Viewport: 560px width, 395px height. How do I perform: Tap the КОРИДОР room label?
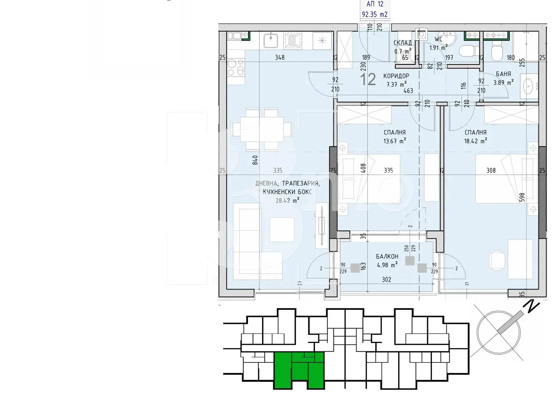396,76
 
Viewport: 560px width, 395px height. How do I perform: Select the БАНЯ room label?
503,74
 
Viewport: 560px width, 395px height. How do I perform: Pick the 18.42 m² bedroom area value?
476,141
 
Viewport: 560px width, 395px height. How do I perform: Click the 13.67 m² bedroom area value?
394,141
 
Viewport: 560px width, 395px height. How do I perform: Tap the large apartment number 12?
368,79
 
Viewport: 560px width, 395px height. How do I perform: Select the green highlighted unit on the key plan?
299,367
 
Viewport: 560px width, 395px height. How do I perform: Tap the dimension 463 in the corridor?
408,91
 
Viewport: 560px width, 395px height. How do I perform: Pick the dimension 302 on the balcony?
387,280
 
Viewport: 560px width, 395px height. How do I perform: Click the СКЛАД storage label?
402,43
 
